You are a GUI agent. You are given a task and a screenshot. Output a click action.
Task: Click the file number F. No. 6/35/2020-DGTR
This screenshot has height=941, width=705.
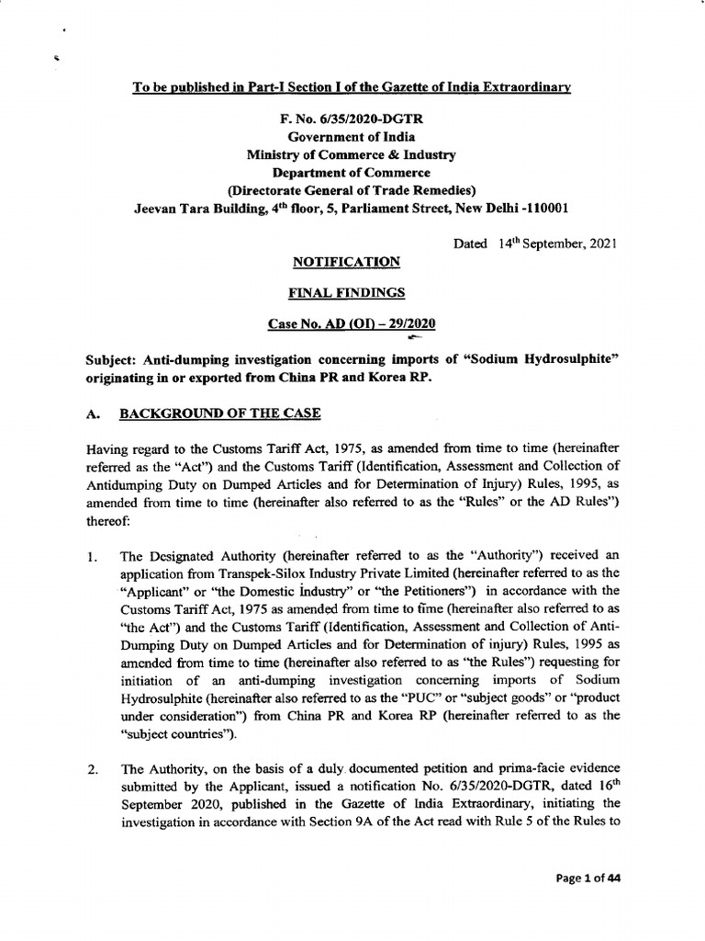pyautogui.click(x=352, y=119)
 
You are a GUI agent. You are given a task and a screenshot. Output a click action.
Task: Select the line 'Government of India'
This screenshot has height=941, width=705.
pyautogui.click(x=352, y=137)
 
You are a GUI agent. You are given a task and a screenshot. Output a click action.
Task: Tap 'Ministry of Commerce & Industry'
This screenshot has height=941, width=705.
pyautogui.click(x=352, y=154)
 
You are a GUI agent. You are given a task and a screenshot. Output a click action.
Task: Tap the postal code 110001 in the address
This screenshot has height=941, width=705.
pyautogui.click(x=543, y=208)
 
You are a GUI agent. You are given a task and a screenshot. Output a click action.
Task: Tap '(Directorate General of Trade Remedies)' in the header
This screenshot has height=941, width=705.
pyautogui.click(x=352, y=190)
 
